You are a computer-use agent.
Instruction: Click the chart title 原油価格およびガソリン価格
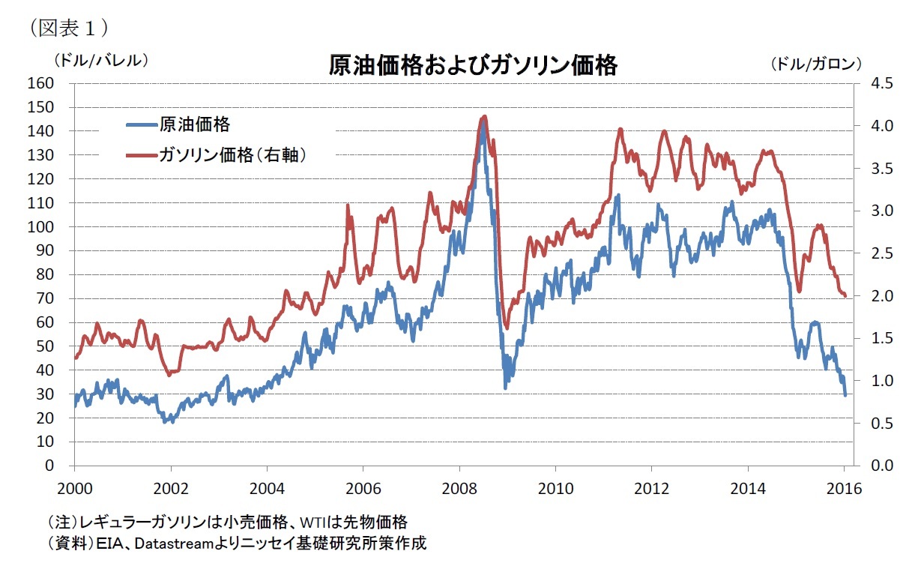[473, 66]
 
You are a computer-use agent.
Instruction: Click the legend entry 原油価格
[194, 124]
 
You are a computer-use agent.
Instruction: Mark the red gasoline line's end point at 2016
[845, 296]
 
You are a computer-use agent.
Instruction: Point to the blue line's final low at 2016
[845, 395]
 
